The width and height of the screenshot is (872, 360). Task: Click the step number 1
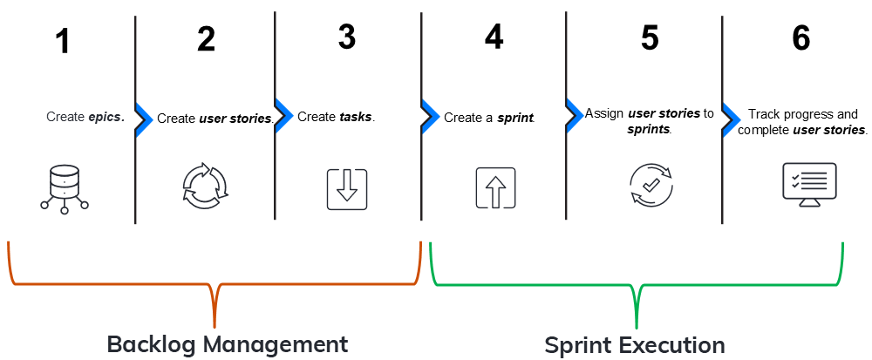click(62, 43)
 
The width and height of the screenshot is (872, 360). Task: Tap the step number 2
click(206, 39)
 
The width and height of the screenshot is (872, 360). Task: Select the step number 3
click(347, 37)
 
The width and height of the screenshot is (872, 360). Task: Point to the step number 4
click(494, 37)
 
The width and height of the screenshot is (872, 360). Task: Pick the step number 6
click(801, 37)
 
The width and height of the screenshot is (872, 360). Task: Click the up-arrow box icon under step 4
click(495, 187)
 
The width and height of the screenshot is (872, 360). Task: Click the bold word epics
click(106, 116)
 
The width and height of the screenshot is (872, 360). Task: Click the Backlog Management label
click(227, 343)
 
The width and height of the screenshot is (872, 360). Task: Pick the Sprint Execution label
click(635, 345)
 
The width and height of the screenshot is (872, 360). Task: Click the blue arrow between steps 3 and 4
click(428, 115)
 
